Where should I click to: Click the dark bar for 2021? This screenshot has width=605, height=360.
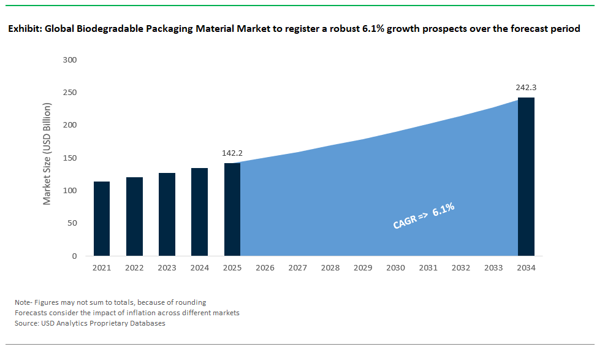(x=102, y=218)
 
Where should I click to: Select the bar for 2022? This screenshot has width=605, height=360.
(x=134, y=216)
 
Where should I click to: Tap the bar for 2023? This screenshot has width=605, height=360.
(x=167, y=214)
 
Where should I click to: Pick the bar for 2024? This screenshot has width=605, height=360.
(x=199, y=212)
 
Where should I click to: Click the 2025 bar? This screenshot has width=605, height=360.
(x=232, y=209)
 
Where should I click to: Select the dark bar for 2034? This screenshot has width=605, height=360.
(x=526, y=177)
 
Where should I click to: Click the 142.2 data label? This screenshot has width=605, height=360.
(x=232, y=153)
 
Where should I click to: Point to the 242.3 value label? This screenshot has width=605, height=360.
(x=526, y=87)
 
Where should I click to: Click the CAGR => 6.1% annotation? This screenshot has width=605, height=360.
(x=424, y=216)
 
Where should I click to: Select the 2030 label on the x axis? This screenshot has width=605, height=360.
(x=395, y=268)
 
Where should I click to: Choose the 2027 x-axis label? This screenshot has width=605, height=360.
(x=297, y=268)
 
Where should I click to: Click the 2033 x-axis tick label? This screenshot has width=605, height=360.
(x=493, y=268)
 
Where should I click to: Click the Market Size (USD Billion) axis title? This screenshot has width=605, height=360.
(x=47, y=153)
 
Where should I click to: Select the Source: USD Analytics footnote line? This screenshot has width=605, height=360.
(x=90, y=323)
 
